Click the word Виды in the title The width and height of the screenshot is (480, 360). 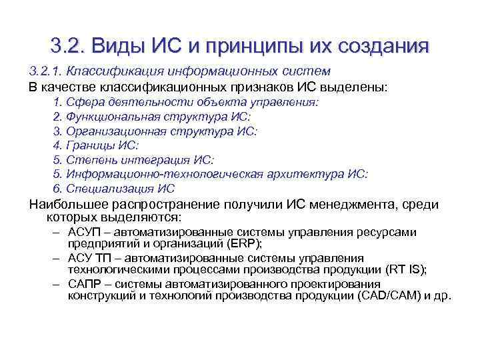point(117,46)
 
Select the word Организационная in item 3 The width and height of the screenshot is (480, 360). point(112,131)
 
